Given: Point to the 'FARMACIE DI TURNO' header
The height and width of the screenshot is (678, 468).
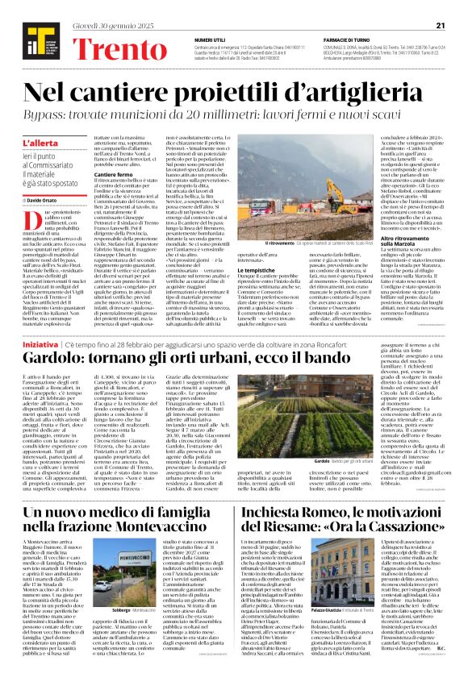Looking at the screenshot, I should coord(347,17).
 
